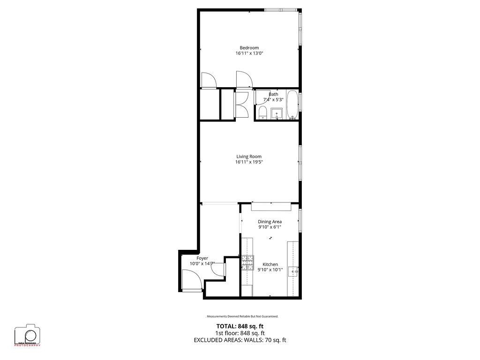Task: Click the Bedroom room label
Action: [249, 47]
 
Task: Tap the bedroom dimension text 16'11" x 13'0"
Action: [249, 53]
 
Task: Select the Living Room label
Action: [249, 157]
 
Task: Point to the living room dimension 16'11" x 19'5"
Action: [249, 163]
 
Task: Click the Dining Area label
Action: [270, 221]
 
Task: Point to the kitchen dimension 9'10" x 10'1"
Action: [270, 270]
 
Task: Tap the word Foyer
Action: [202, 258]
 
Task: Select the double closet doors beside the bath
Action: [242, 104]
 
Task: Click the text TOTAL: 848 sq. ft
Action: [240, 326]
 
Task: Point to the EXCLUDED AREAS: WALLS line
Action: [240, 340]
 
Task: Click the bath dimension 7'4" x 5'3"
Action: [273, 100]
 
